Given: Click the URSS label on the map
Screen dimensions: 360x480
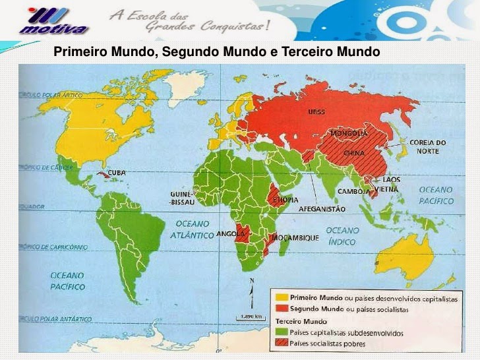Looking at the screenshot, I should pyautogui.click(x=316, y=111).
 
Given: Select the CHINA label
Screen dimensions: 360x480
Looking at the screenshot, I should pyautogui.click(x=355, y=153).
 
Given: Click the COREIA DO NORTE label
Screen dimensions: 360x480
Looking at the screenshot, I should pyautogui.click(x=427, y=146).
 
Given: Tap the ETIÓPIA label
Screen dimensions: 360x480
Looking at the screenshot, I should pyautogui.click(x=285, y=200).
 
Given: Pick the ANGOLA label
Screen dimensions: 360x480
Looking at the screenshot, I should pyautogui.click(x=231, y=233).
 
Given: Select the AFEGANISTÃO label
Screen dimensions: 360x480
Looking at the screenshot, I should pyautogui.click(x=322, y=208).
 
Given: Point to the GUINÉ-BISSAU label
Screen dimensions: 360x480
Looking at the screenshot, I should pyautogui.click(x=182, y=198).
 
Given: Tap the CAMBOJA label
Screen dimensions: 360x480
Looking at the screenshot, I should pyautogui.click(x=353, y=191).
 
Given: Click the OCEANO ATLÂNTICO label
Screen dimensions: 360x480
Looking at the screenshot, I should pyautogui.click(x=192, y=229).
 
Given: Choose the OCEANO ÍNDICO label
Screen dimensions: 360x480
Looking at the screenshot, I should pyautogui.click(x=342, y=236).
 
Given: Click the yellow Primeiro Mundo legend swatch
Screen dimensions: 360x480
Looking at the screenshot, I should pyautogui.click(x=282, y=298).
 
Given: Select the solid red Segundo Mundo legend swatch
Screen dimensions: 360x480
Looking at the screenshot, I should pyautogui.click(x=282, y=309).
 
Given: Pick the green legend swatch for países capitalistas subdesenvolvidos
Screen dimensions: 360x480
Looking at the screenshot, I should pyautogui.click(x=282, y=333).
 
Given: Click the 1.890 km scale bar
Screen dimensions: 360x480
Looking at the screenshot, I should pyautogui.click(x=250, y=317).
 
